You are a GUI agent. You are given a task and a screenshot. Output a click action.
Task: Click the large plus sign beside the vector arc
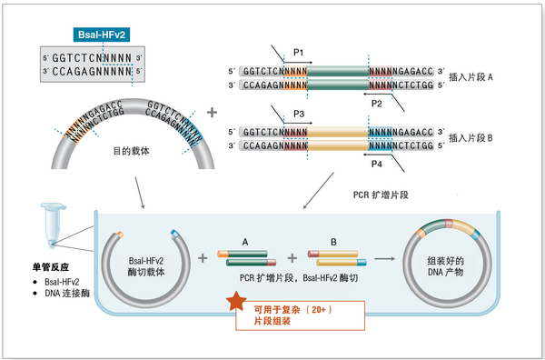(213, 114)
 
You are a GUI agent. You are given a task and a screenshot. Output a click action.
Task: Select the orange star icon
(234, 301)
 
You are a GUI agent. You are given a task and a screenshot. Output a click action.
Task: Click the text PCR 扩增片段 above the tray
(382, 195)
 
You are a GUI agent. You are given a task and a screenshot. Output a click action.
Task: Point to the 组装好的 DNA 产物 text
(449, 265)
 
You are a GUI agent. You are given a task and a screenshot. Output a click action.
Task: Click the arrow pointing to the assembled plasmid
(385, 258)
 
